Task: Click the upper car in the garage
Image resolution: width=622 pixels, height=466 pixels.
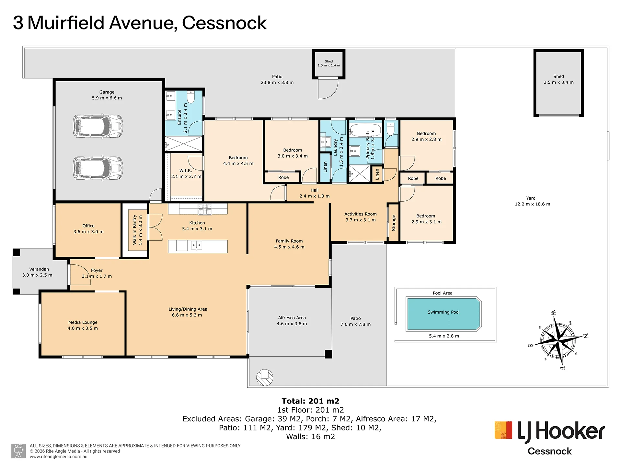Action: coord(98,126)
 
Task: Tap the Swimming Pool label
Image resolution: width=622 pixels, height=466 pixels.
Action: coord(443,312)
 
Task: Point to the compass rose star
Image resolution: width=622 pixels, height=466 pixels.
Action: coord(558,340)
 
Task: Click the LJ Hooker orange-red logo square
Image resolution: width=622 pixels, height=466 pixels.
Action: coord(503,430)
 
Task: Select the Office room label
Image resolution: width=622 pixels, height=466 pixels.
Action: coord(88,226)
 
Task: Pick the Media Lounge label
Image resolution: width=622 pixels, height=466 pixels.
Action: coord(83,322)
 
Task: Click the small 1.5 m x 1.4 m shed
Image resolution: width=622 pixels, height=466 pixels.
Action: coord(329,64)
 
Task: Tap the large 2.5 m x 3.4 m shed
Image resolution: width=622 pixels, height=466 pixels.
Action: coord(559,83)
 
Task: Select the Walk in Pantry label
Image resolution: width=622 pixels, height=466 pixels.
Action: coord(135,230)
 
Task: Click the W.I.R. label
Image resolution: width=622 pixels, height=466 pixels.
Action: coord(186,171)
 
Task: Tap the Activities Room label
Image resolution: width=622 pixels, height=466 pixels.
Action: coord(361,214)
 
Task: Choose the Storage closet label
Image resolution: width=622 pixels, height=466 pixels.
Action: coord(394,223)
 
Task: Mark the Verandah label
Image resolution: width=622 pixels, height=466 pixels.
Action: coord(39,269)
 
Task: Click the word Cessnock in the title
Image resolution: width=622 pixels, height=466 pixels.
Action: coord(224,23)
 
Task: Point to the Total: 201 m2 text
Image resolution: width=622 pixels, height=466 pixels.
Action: coord(310,401)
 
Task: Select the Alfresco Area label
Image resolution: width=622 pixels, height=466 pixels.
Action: coord(292,318)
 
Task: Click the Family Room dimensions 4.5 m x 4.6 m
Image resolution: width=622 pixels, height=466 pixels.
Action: coord(289,247)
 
